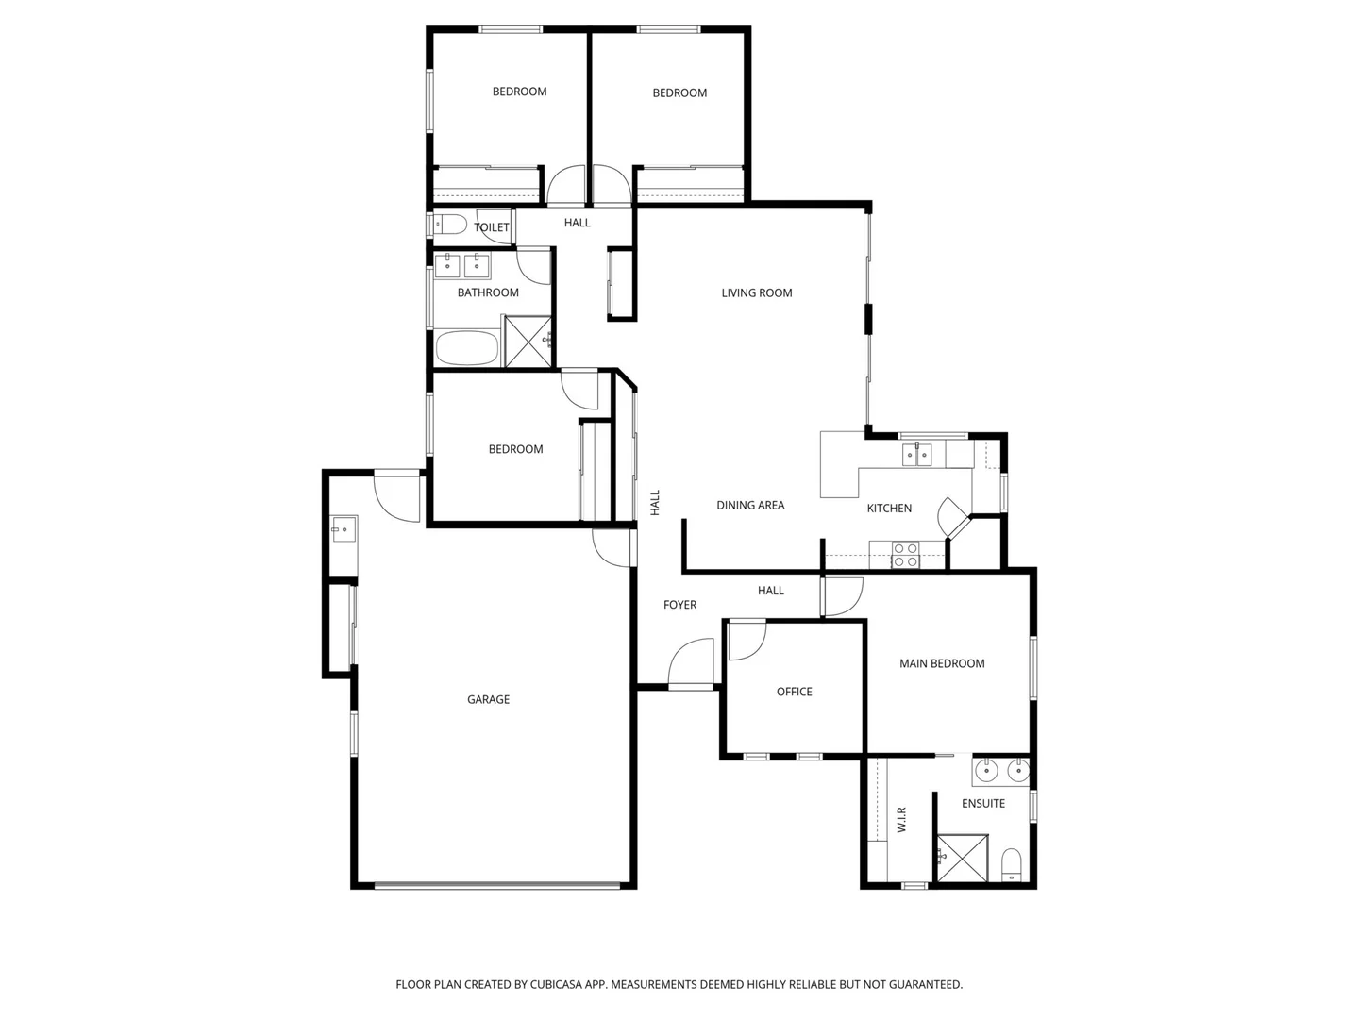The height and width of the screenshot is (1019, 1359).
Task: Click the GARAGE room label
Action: click(x=488, y=699)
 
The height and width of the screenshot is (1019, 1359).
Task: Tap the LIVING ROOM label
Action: click(x=756, y=293)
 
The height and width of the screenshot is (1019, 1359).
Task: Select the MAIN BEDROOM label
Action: click(x=941, y=664)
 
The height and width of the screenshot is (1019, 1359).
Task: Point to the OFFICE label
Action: click(x=794, y=692)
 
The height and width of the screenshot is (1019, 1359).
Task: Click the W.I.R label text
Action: click(x=901, y=818)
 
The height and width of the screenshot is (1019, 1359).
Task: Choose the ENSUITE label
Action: click(x=982, y=804)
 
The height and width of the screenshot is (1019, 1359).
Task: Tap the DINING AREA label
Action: click(x=750, y=506)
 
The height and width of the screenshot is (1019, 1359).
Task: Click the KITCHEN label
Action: click(x=889, y=509)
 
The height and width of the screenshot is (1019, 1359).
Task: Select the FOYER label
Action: click(x=679, y=605)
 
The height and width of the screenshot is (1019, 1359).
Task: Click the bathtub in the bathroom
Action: click(x=467, y=347)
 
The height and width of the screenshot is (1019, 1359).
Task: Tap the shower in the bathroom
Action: click(x=528, y=341)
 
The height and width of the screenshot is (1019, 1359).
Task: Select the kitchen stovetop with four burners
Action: click(x=905, y=555)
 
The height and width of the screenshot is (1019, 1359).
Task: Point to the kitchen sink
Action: click(x=916, y=455)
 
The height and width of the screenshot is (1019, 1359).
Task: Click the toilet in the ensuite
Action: click(x=1011, y=863)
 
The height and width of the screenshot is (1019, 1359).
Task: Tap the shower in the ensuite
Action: click(x=962, y=859)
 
